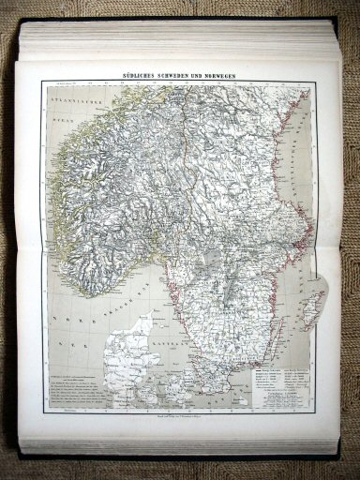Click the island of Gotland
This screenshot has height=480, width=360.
pos(313,304)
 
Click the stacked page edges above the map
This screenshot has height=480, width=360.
pos(187,37)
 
